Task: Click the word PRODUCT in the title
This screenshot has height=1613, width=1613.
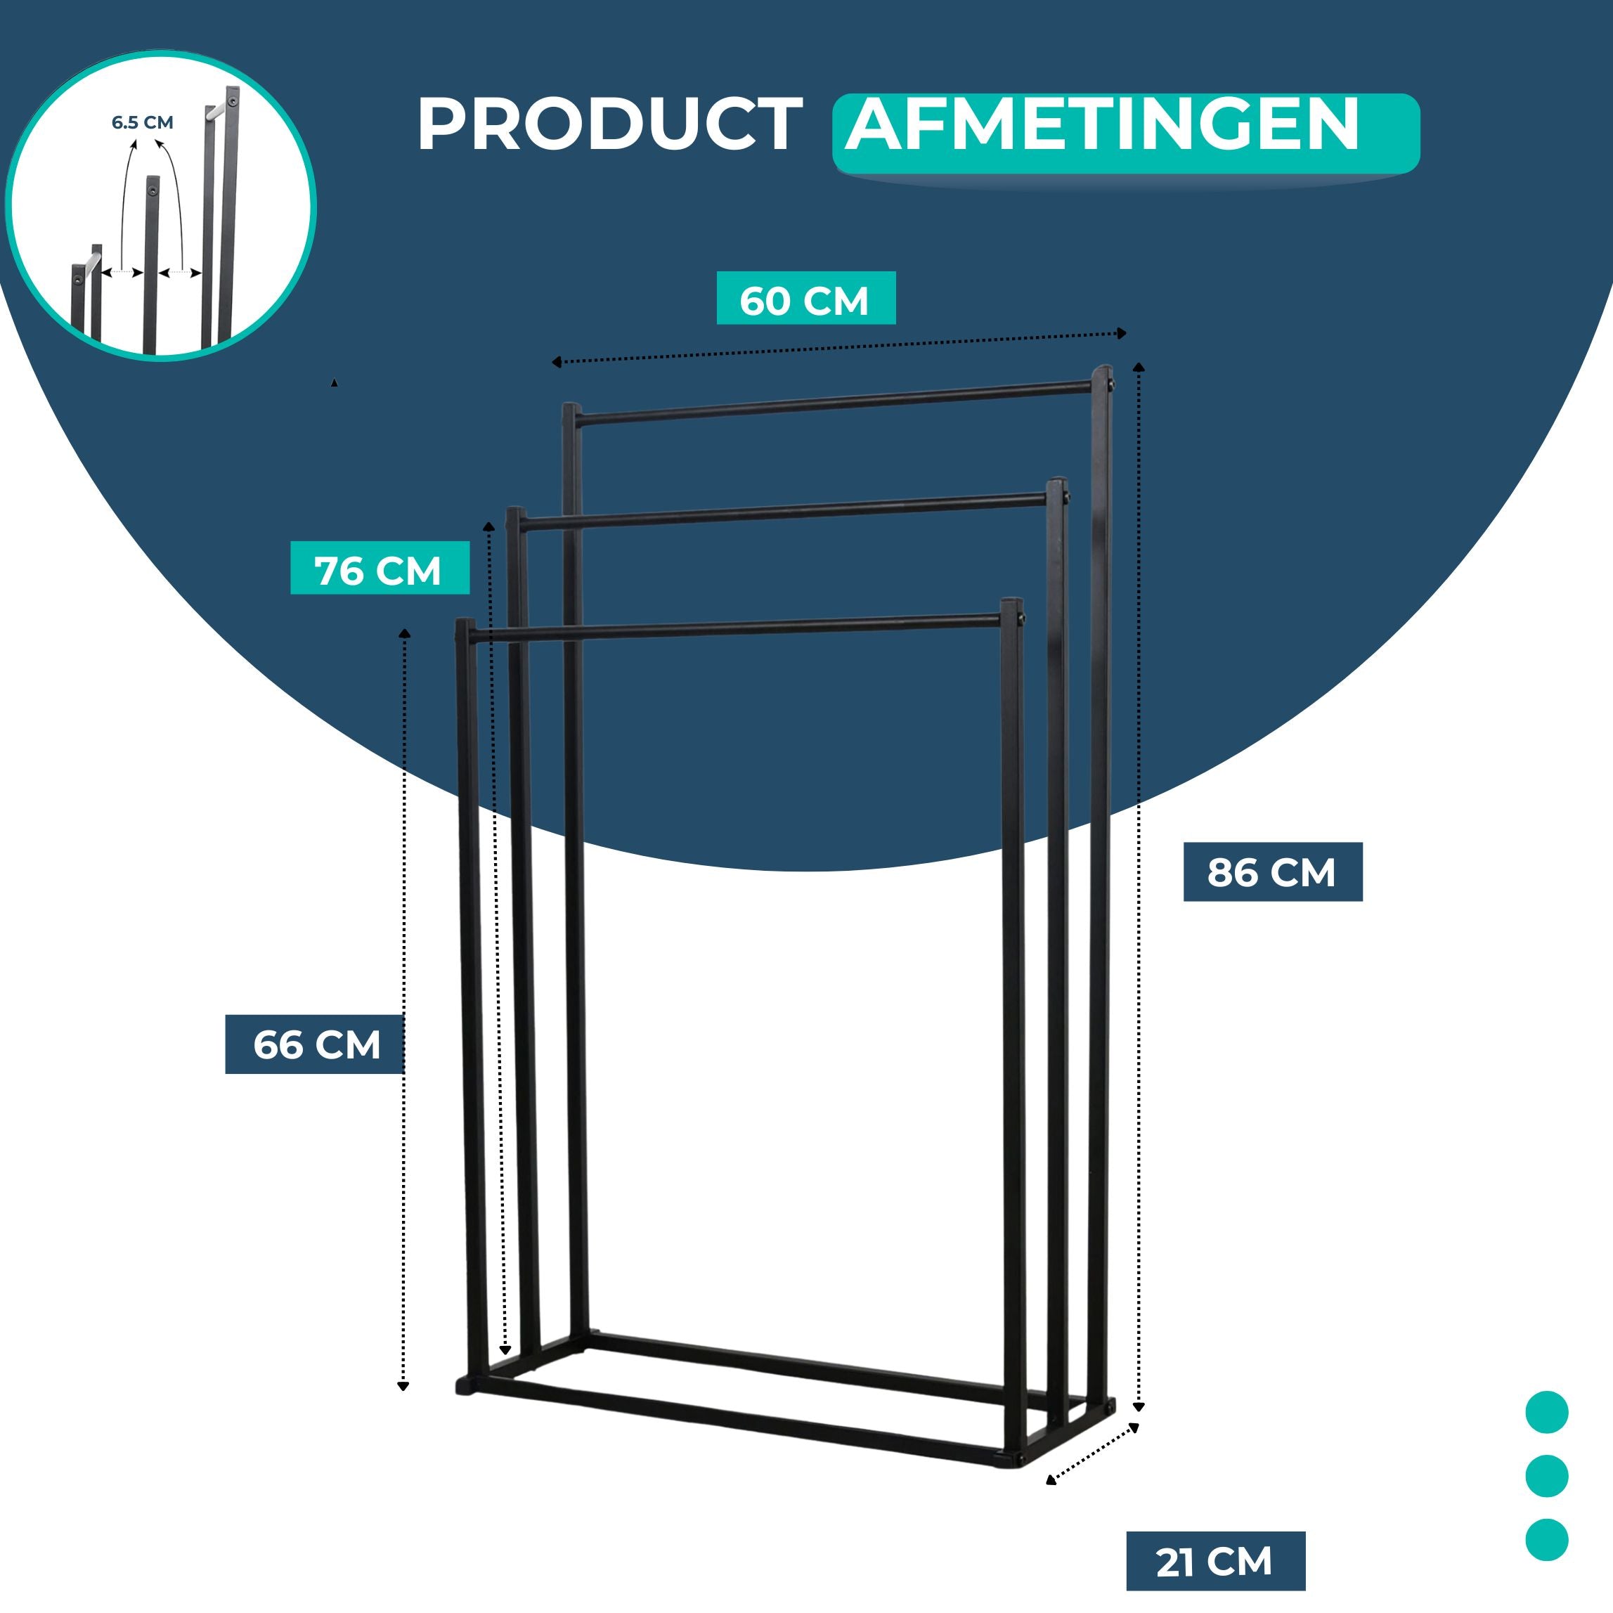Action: pos(610,124)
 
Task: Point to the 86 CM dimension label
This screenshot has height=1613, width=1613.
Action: pos(1271,872)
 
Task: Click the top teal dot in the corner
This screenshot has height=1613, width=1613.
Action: pos(1546,1413)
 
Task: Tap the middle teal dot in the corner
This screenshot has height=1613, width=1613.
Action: pos(1546,1476)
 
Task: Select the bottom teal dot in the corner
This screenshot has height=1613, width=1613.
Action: pos(1546,1539)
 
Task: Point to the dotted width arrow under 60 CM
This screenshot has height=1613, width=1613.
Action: pos(839,347)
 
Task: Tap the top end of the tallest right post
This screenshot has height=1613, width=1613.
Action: pos(1103,368)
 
